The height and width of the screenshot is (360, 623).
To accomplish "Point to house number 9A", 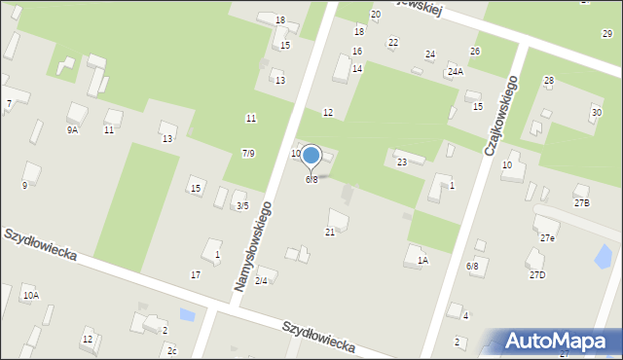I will tap(72, 129).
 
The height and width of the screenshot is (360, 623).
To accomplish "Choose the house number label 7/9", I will tap(248, 154).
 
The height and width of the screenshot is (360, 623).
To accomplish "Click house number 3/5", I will tap(241, 206).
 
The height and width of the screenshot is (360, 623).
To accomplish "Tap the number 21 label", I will tap(330, 232).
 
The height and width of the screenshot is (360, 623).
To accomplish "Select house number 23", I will tap(401, 162).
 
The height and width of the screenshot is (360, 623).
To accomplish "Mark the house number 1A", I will tap(421, 261).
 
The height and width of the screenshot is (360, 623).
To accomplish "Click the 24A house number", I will tap(455, 72).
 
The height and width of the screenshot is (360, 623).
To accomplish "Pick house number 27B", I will tap(581, 202).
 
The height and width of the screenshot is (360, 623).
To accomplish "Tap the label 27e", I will tap(548, 238).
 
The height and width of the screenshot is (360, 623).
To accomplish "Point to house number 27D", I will tap(537, 275).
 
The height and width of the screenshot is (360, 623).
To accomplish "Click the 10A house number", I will tap(30, 295).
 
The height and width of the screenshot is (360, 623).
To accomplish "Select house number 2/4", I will tap(261, 281).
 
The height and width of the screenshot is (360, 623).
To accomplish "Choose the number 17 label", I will tap(195, 275).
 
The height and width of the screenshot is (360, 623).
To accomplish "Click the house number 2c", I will tap(171, 350).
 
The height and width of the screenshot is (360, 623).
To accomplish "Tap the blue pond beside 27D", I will tap(604, 257).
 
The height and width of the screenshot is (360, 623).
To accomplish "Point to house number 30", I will tap(596, 113).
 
